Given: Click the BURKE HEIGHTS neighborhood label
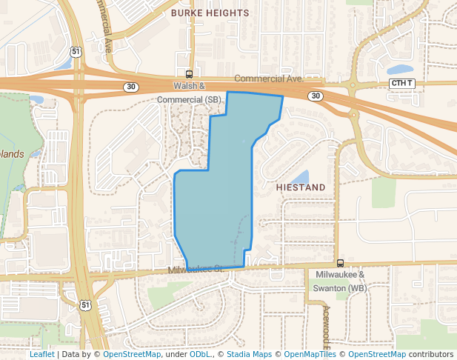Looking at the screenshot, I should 210,13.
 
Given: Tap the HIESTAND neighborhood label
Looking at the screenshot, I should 301,188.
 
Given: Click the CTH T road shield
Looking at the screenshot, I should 402,84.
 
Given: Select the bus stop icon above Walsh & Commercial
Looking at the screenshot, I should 189,74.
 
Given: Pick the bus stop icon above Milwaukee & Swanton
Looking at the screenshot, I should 340,263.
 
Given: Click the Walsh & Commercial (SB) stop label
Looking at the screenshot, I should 190,93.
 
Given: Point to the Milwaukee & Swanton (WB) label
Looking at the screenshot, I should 337,281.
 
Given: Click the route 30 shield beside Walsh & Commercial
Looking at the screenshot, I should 130,87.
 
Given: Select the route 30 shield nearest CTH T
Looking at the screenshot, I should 316,96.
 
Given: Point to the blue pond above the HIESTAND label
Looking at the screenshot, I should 300,177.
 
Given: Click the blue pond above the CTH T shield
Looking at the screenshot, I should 401,70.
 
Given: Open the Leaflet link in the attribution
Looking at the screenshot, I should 41,354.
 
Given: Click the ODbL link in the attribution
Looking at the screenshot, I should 200,354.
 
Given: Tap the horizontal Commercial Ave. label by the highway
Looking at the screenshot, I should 269,79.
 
